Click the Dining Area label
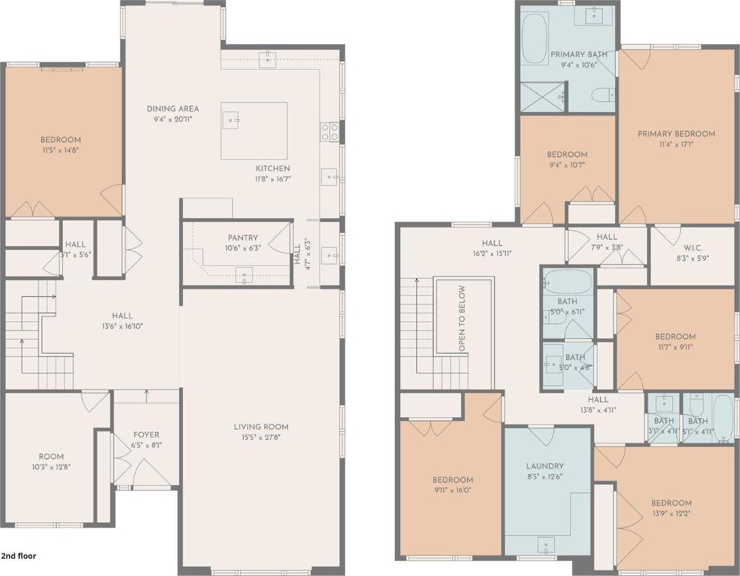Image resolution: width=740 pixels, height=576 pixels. pyautogui.click(x=172, y=108)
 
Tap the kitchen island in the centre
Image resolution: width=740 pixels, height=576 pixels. pyautogui.click(x=254, y=130)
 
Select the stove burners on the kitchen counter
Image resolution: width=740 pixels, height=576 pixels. pyautogui.click(x=329, y=131)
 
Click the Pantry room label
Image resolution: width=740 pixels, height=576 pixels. pyautogui.click(x=242, y=238)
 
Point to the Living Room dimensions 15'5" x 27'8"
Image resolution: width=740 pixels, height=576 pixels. pyautogui.click(x=260, y=438)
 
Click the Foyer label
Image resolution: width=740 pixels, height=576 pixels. pyautogui.click(x=146, y=434)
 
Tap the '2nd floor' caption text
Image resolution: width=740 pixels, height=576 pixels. pyautogui.click(x=19, y=556)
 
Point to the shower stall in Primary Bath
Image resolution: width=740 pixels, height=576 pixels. pyautogui.click(x=542, y=97)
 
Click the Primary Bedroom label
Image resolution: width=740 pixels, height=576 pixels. pyautogui.click(x=676, y=134)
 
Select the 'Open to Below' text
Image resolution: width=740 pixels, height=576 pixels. pyautogui.click(x=462, y=318)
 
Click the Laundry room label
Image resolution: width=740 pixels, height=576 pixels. pyautogui.click(x=545, y=466)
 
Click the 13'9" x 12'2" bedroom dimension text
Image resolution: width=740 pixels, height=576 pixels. pyautogui.click(x=671, y=513)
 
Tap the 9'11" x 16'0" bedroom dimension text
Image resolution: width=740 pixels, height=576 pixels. pyautogui.click(x=453, y=490)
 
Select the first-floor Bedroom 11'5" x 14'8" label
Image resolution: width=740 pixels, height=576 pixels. pyautogui.click(x=60, y=140)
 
